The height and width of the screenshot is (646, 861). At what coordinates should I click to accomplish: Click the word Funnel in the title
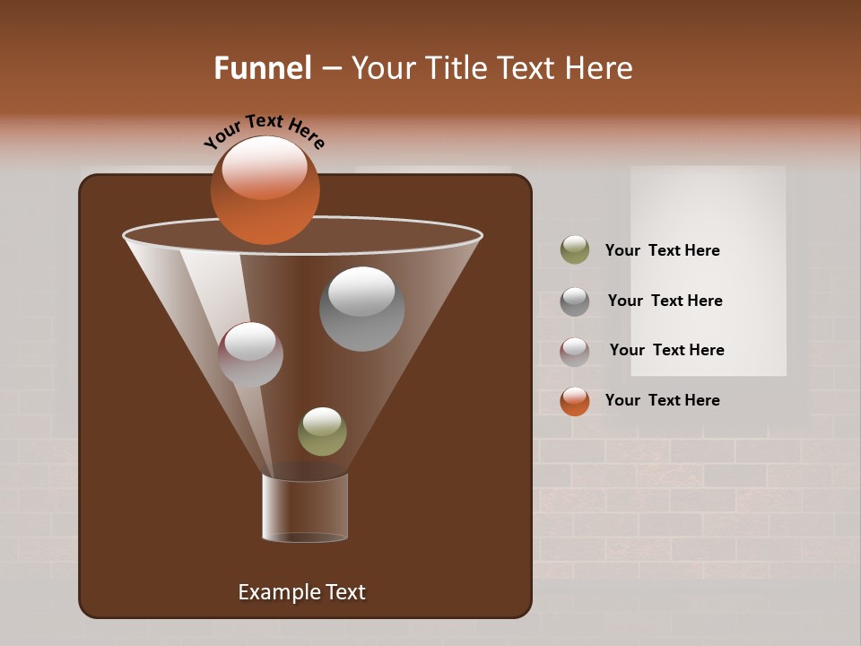262,68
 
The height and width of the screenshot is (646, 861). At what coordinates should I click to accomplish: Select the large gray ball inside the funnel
361,309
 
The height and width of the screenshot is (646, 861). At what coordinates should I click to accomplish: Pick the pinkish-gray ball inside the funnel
250,355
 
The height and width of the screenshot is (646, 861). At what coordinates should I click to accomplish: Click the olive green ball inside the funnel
322,432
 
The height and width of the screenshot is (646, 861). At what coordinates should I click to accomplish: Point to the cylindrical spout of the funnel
305,508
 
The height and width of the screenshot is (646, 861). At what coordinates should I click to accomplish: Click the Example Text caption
301,592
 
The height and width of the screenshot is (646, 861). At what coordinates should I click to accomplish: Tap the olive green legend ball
575,250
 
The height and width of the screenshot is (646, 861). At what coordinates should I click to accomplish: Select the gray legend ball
575,301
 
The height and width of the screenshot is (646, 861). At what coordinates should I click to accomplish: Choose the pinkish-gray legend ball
575,352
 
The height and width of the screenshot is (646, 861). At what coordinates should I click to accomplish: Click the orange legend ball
575,401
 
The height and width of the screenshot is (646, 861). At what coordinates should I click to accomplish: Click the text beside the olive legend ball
662,251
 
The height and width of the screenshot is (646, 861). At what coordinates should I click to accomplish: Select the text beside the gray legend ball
665,301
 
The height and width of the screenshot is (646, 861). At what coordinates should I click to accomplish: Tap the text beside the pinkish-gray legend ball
666,350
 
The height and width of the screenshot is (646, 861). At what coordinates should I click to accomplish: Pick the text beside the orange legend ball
662,400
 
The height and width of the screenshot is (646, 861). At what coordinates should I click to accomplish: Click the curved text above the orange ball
264,130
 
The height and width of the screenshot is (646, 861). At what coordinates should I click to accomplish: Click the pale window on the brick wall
709,269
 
